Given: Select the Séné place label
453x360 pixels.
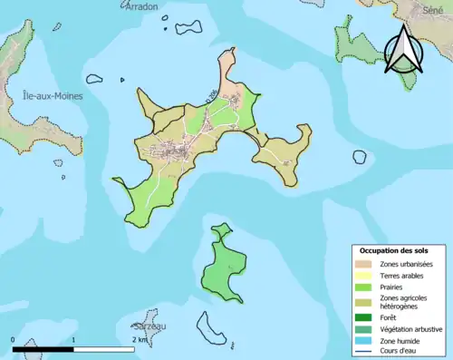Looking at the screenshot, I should coord(433,7).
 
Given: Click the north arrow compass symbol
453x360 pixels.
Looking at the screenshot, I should coord(403,50).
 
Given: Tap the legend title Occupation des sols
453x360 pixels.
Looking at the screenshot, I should coord(394,250).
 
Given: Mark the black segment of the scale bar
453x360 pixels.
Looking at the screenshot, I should coord(43,348).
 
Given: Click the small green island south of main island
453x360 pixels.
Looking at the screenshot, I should coord(222,266).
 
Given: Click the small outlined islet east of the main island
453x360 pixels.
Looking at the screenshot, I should coord(360,156).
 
